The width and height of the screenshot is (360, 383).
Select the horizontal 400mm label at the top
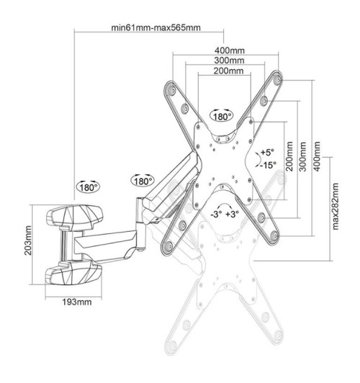click(x=228, y=50)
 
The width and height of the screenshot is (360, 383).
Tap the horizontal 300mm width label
click(x=228, y=61)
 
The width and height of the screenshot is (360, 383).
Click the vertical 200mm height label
click(x=289, y=156)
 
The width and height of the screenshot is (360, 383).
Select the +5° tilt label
click(x=268, y=153)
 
